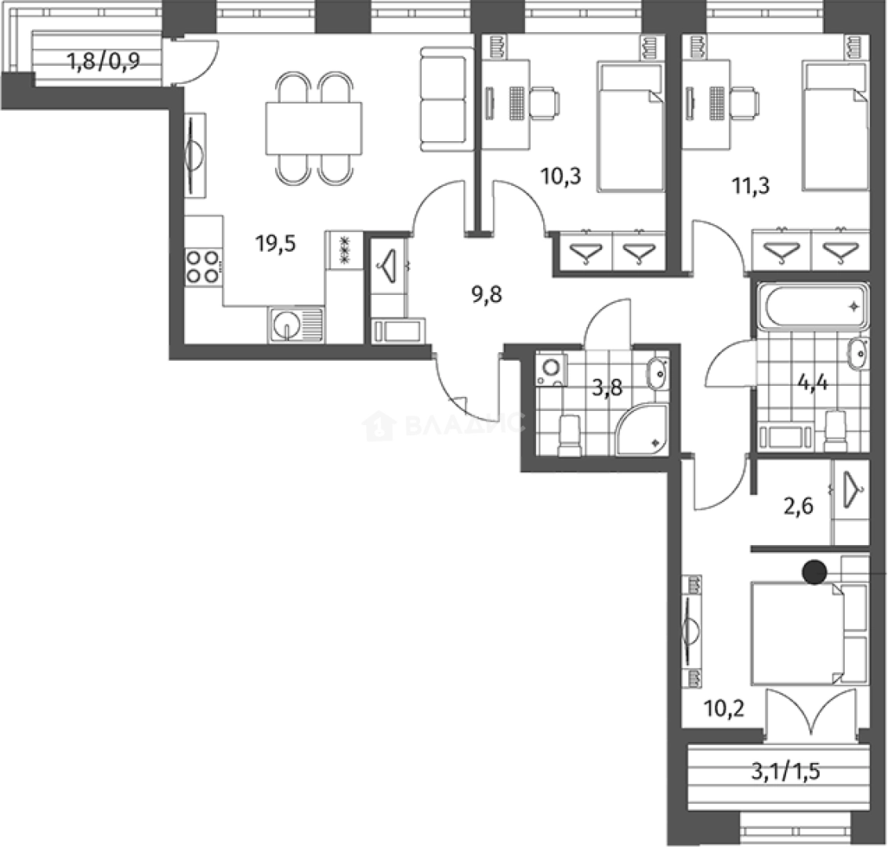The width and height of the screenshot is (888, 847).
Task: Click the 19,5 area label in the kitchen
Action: point(275,244)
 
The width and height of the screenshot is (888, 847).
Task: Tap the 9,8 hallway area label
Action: point(487,295)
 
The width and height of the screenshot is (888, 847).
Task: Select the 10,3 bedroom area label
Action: point(561,176)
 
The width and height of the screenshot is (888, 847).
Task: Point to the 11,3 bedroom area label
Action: point(751,185)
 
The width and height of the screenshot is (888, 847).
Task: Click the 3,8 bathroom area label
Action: point(607,388)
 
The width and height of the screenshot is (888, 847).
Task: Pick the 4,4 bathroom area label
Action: point(813,384)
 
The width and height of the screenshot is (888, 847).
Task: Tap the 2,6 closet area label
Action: point(799,505)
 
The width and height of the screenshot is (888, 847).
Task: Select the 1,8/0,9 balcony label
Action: point(103,60)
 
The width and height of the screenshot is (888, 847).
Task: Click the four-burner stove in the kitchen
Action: point(203,267)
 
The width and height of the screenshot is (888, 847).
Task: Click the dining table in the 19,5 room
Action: point(314,129)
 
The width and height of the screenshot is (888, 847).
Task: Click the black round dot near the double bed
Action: point(815,573)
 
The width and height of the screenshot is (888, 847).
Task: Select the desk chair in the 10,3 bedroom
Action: point(544,103)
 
